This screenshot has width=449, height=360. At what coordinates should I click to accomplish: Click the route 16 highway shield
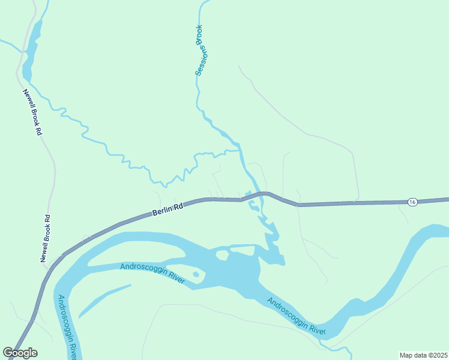(412, 202)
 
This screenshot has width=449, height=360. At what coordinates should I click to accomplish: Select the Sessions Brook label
(200, 50)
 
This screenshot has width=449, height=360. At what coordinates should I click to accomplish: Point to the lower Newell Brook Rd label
(44, 238)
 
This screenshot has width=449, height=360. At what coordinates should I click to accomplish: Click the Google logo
(20, 353)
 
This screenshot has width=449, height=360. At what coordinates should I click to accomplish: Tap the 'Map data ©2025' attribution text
(423, 355)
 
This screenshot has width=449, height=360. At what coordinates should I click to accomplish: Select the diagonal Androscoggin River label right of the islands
(296, 317)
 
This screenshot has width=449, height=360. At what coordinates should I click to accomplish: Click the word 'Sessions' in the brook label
(199, 60)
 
